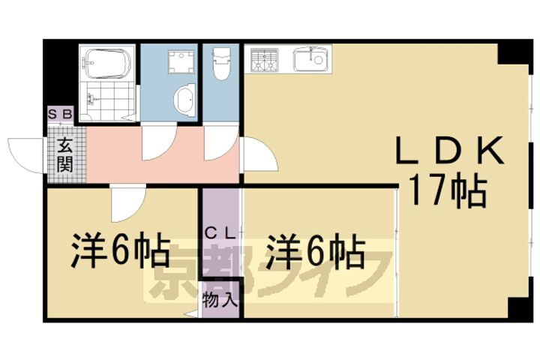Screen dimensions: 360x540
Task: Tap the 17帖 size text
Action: pyautogui.click(x=448, y=193)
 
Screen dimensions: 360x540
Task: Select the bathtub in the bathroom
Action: pyautogui.click(x=108, y=64)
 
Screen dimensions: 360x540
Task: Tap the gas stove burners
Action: pyautogui.click(x=263, y=60)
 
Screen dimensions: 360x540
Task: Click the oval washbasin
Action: pyautogui.click(x=183, y=100)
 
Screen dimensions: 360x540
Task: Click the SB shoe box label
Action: pyautogui.click(x=60, y=115)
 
